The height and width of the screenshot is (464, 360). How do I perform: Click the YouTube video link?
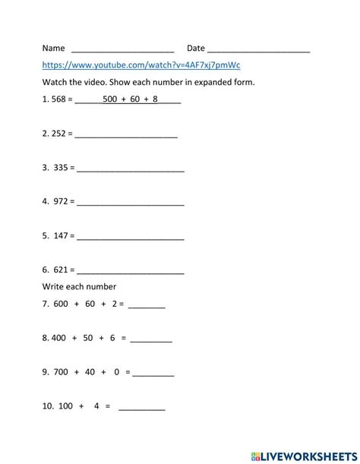pos(141,65)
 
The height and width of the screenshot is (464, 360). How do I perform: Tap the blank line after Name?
pos(122,49)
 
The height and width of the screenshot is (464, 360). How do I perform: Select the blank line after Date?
pos(258,49)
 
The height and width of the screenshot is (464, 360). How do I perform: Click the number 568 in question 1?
pos(61,99)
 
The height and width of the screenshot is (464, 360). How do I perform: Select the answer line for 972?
pos(131,202)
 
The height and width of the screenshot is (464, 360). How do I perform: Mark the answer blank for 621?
pos(131,270)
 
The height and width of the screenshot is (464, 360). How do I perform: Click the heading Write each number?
pos(79,286)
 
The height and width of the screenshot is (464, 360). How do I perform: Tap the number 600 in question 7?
pos(61,305)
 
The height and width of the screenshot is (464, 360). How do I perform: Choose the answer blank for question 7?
pos(147,306)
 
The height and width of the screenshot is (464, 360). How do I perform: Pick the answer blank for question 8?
pos(151,340)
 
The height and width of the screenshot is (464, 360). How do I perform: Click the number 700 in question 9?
pos(62,373)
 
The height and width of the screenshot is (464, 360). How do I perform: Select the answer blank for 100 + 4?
pos(142,408)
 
